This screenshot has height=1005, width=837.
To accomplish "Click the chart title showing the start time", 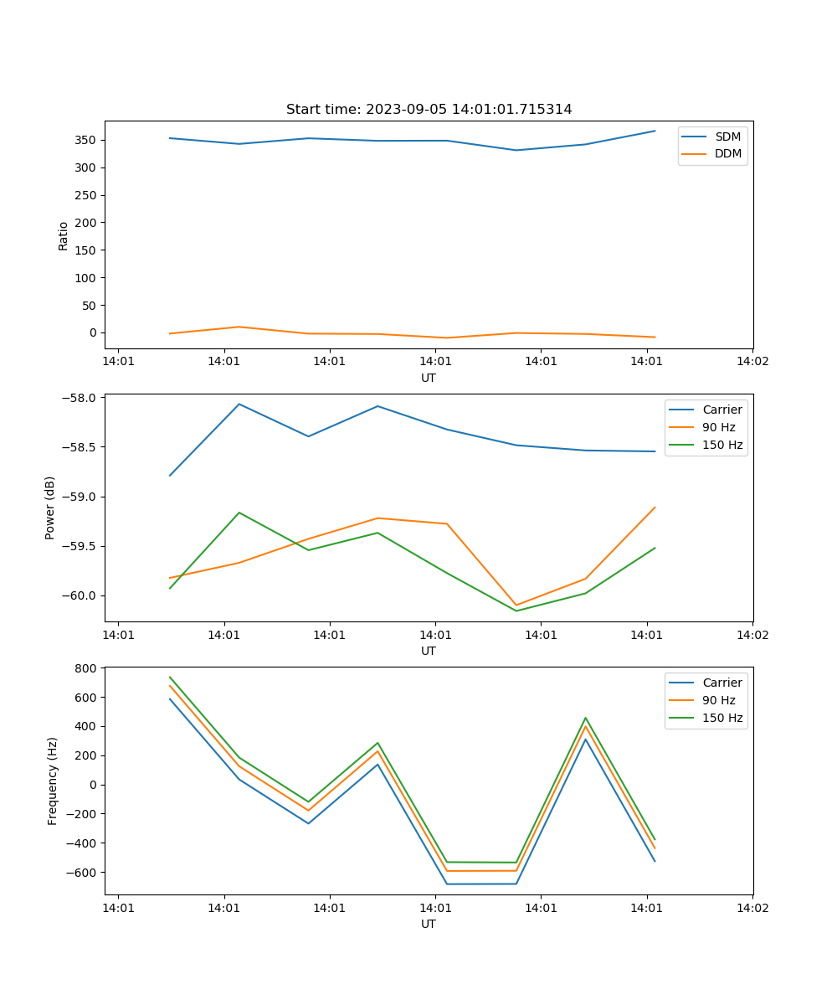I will point(429,110).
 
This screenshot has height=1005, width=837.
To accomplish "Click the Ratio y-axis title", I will point(64,236).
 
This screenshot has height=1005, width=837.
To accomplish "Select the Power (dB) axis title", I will point(50,508).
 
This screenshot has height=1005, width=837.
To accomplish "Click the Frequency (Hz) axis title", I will point(53,781).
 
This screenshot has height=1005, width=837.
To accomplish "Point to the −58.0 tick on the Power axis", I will point(81,398).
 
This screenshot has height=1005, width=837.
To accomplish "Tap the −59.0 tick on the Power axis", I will point(81,497).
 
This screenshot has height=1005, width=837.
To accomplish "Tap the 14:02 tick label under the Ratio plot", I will point(752,362).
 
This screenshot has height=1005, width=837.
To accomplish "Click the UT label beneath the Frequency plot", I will point(429,924).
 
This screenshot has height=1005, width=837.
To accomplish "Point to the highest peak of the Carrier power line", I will point(239,404).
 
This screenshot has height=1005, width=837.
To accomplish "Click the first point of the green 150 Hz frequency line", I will point(170,678).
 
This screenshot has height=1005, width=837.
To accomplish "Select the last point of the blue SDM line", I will point(655,131).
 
